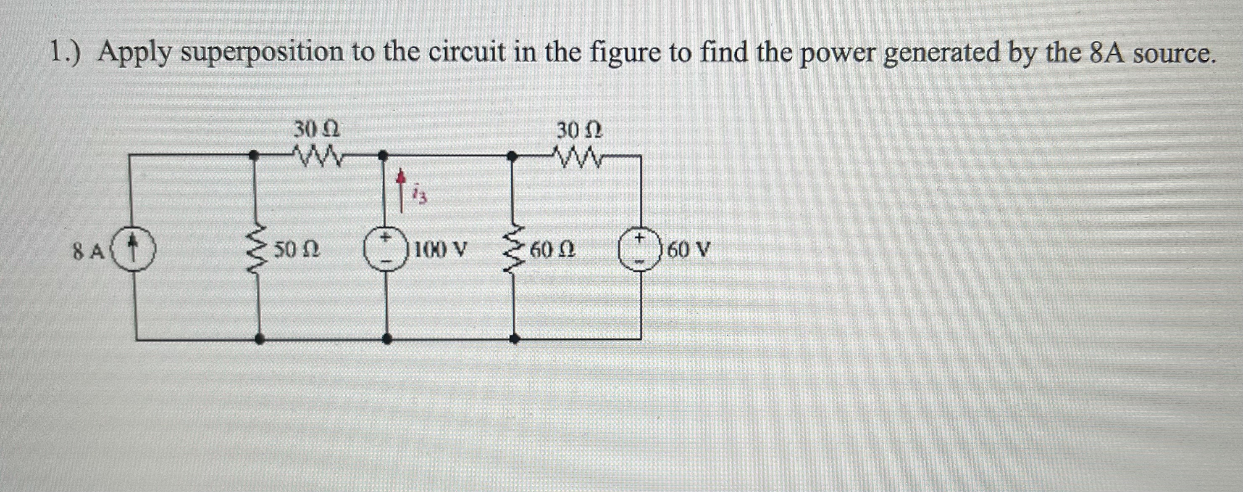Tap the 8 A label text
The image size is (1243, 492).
pyautogui.click(x=88, y=251)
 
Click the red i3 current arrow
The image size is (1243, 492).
pyautogui.click(x=400, y=191)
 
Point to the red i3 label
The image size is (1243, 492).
pyautogui.click(x=419, y=196)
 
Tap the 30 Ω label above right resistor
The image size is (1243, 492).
pyautogui.click(x=579, y=130)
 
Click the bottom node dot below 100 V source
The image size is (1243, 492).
pyautogui.click(x=386, y=339)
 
